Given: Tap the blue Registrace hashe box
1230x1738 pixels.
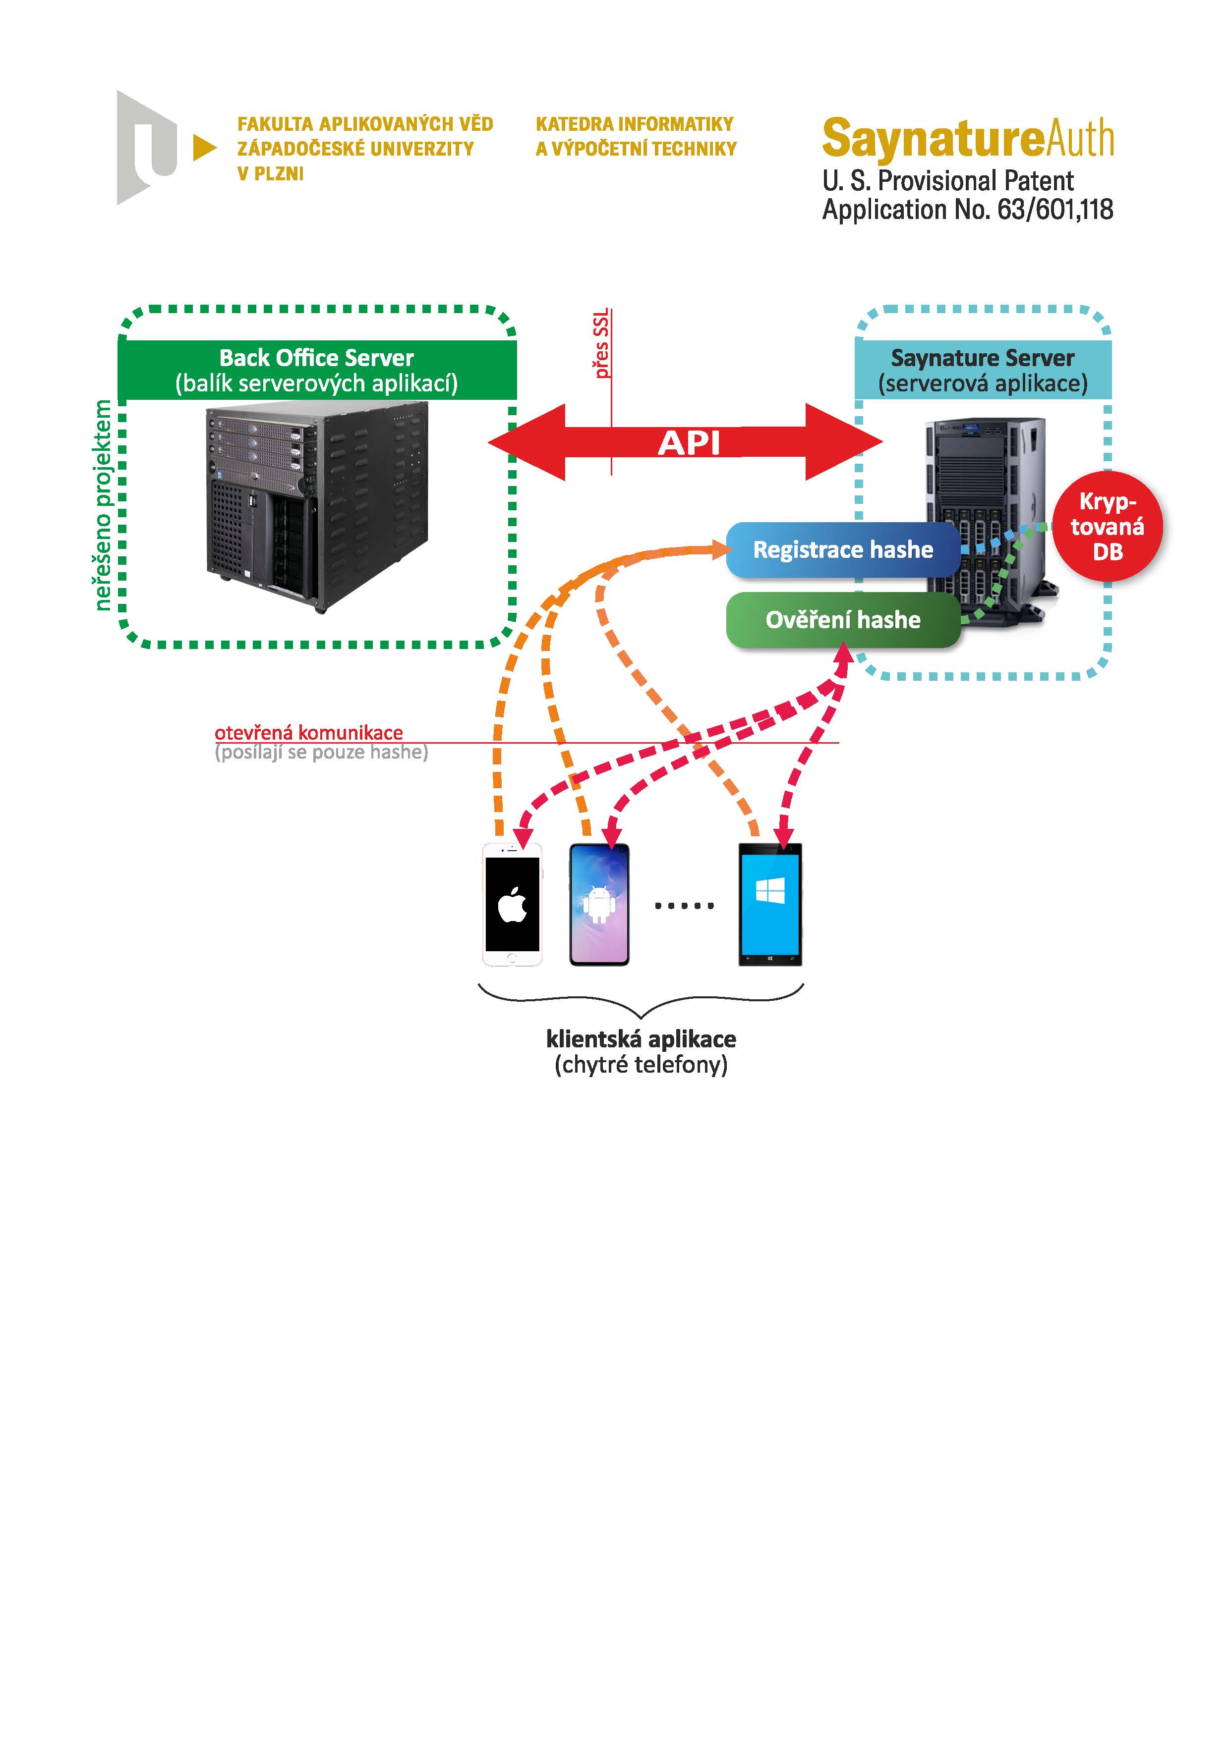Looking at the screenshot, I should pyautogui.click(x=842, y=549).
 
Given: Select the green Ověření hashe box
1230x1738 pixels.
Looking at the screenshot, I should pyautogui.click(x=842, y=620).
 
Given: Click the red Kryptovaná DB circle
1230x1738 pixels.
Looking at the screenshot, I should pyautogui.click(x=1108, y=527).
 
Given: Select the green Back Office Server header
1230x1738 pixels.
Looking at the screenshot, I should pyautogui.click(x=317, y=370).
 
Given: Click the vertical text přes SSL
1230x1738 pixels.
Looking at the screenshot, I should pyautogui.click(x=601, y=344).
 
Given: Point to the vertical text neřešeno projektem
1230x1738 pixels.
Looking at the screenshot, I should pyautogui.click(x=103, y=505).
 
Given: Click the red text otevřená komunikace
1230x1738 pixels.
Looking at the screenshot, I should pyautogui.click(x=308, y=733).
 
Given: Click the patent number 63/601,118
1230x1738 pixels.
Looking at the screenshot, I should pyautogui.click(x=1055, y=209).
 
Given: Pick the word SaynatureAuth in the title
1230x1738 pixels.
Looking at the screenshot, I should pyautogui.click(x=967, y=139).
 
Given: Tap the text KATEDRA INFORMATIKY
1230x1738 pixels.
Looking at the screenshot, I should pyautogui.click(x=635, y=124).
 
